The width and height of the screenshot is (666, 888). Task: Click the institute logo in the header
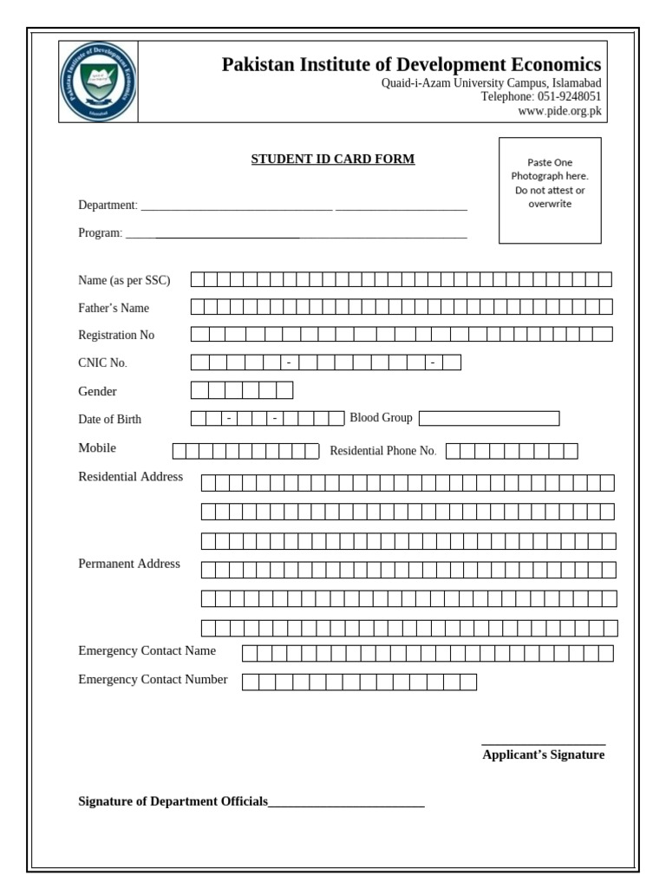point(98,82)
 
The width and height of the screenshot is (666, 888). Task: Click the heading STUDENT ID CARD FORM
point(333,160)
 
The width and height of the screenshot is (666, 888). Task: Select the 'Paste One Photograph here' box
point(550,190)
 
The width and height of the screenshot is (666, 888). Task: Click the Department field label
point(108,206)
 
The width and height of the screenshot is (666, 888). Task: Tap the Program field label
point(101,233)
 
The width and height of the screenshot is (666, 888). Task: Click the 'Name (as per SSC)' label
point(124,280)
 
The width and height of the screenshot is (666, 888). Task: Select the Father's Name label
point(114,308)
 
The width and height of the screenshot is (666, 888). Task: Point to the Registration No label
point(116,335)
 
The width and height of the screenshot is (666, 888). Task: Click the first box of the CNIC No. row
point(199,362)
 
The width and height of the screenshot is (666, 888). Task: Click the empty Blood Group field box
point(489,419)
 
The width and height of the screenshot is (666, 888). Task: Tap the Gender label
point(97,391)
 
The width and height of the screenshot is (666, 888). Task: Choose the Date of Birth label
point(109,420)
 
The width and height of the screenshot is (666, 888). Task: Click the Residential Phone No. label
point(382,451)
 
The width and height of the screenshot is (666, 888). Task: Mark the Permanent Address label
point(129,564)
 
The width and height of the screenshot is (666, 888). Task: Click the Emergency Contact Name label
point(147,651)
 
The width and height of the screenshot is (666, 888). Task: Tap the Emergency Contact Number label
point(153,680)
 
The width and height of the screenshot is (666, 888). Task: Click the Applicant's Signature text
point(543,755)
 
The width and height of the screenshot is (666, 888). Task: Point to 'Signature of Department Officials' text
point(173,802)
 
